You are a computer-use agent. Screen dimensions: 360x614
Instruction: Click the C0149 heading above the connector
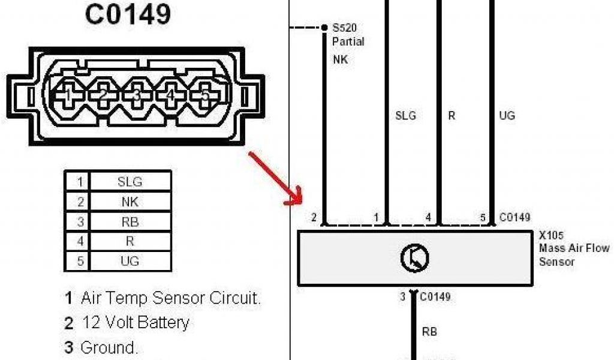tap(128, 14)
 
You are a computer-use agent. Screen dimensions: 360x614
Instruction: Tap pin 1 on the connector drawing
tap(68, 95)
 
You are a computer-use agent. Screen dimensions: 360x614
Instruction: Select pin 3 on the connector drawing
tap(137, 95)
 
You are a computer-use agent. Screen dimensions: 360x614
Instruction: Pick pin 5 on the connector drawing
tap(205, 95)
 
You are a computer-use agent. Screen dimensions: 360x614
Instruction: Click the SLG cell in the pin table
tap(130, 181)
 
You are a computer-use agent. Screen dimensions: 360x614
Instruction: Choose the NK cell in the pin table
tap(130, 201)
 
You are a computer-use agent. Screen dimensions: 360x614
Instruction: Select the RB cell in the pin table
tap(130, 221)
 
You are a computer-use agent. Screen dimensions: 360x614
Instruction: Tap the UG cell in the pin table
tap(130, 261)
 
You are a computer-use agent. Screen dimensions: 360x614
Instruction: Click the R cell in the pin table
tap(130, 241)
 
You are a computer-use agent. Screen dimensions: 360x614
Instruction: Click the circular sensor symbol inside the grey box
tap(415, 258)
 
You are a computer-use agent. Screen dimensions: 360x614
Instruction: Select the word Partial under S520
tap(348, 42)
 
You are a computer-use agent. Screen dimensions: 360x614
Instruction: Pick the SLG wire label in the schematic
tap(405, 115)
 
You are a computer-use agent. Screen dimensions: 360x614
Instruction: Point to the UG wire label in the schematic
tap(507, 115)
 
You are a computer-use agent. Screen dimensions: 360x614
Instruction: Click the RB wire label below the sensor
tap(429, 331)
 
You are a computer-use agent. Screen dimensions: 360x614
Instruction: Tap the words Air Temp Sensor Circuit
tap(171, 298)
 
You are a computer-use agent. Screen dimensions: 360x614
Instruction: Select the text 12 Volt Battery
tap(135, 323)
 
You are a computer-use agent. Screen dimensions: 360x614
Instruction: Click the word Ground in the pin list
tap(108, 348)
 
